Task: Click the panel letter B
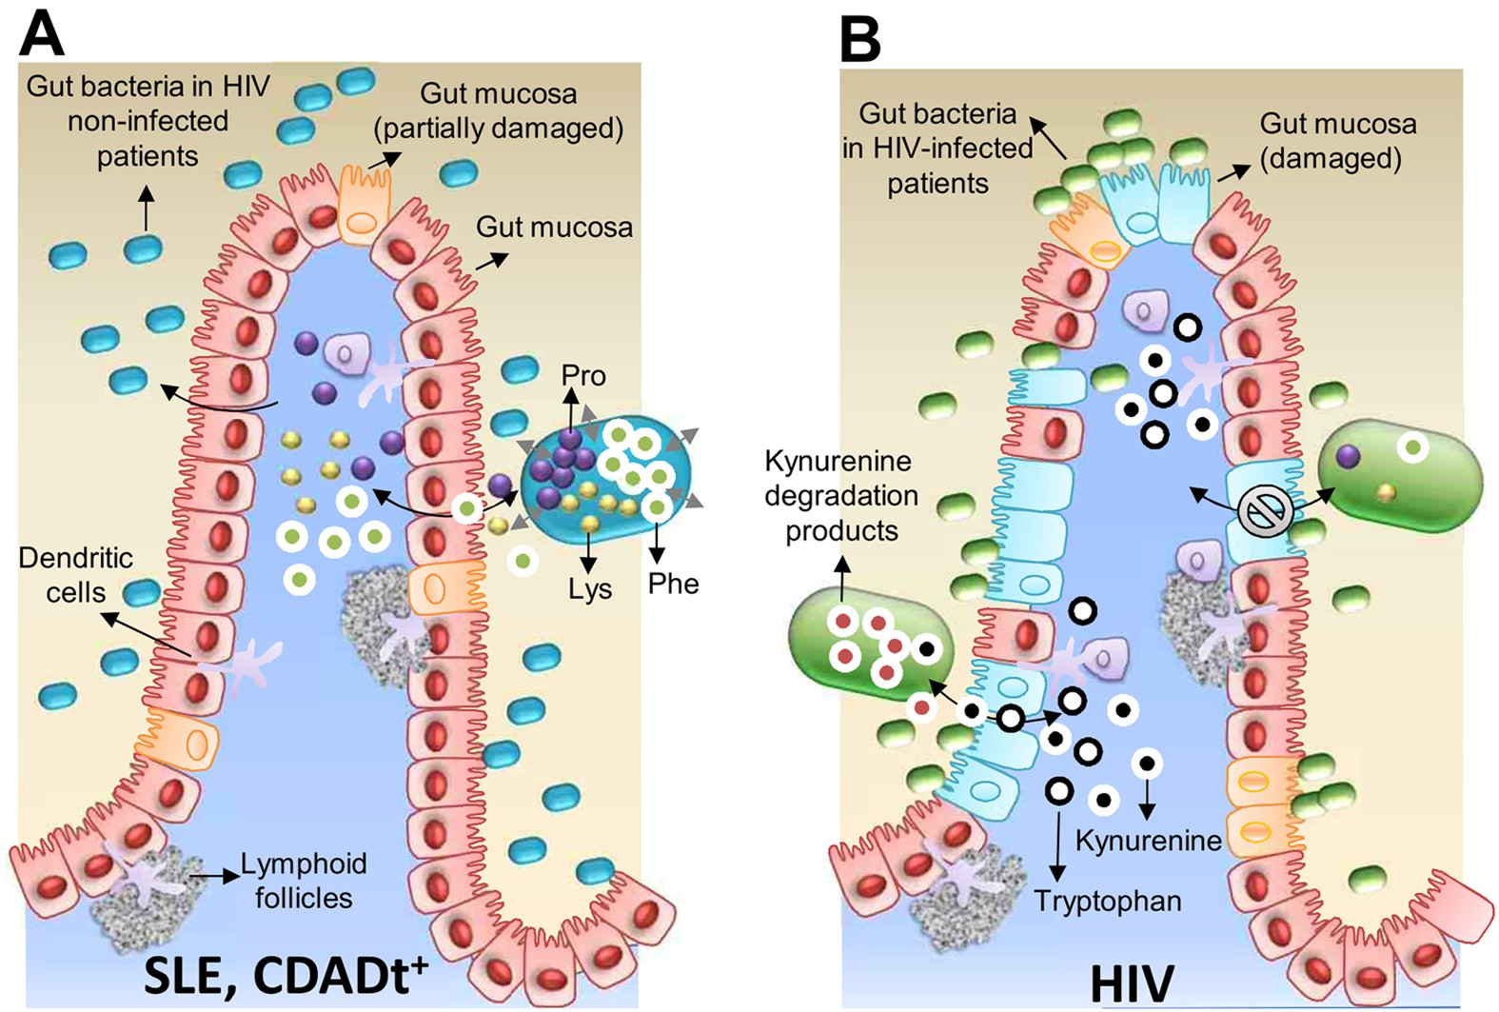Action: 859,39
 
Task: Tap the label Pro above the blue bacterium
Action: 582,376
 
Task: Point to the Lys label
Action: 590,589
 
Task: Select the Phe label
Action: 673,583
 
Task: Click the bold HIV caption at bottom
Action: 1133,983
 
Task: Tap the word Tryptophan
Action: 1107,901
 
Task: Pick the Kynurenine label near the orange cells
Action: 1148,841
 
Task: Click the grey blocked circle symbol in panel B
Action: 1265,512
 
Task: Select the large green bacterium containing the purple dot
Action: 1399,481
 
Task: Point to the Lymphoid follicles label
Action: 303,881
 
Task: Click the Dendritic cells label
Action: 75,575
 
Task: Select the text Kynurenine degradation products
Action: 840,496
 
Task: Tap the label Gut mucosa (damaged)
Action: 1337,141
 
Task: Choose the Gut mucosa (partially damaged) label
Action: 499,111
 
